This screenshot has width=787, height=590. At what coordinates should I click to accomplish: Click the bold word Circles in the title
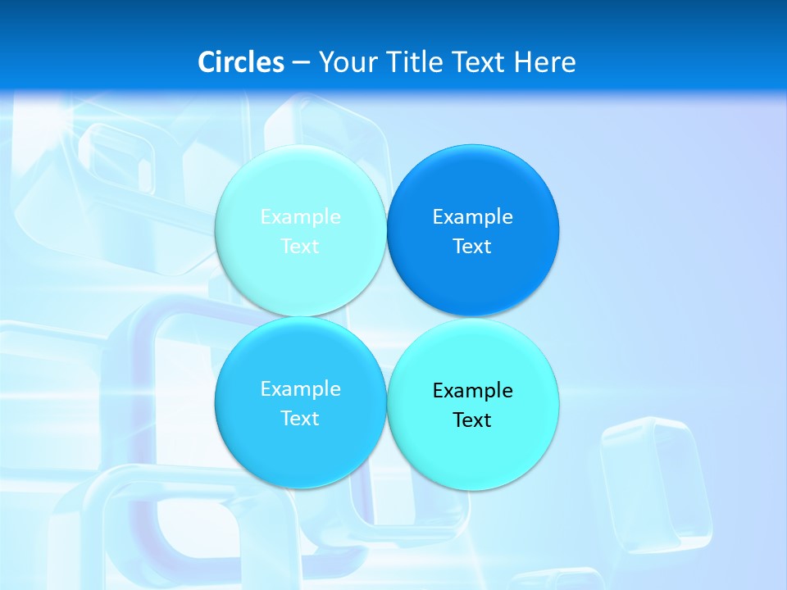(x=241, y=62)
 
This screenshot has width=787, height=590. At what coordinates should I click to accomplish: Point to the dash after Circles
(x=300, y=63)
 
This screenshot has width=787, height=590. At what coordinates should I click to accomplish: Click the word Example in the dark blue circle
(x=473, y=217)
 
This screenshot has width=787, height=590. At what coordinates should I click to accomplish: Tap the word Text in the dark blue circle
(x=473, y=247)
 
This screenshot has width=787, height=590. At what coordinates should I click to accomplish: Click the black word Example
(x=473, y=391)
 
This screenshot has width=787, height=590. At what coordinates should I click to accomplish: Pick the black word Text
(x=473, y=420)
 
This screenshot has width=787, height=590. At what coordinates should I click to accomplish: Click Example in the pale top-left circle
(x=300, y=217)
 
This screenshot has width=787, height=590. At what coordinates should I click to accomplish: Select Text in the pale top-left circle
(x=300, y=247)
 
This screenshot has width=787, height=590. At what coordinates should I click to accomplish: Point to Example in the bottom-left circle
(x=300, y=389)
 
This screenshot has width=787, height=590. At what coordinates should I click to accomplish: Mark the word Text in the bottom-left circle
(x=300, y=419)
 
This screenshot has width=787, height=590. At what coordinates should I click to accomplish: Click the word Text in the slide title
(x=479, y=62)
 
